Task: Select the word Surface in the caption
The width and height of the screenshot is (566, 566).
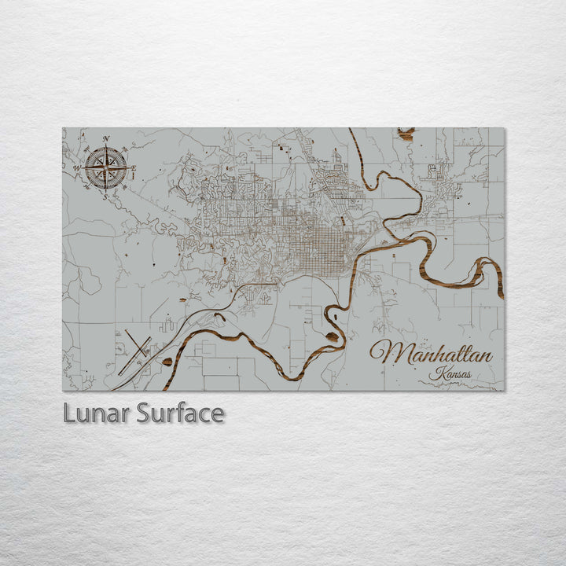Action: click(180, 413)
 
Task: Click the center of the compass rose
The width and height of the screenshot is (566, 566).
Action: click(106, 167)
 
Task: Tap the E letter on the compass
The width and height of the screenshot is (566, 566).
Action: click(134, 168)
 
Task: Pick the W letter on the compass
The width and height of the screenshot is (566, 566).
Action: click(77, 168)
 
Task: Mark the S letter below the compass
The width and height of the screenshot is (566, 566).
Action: click(105, 197)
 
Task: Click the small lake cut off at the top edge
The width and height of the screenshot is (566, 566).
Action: click(406, 134)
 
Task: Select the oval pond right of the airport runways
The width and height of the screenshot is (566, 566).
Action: click(167, 362)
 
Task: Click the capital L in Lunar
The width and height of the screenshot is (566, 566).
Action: click(69, 413)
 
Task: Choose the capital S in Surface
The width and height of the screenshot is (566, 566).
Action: click(145, 413)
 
